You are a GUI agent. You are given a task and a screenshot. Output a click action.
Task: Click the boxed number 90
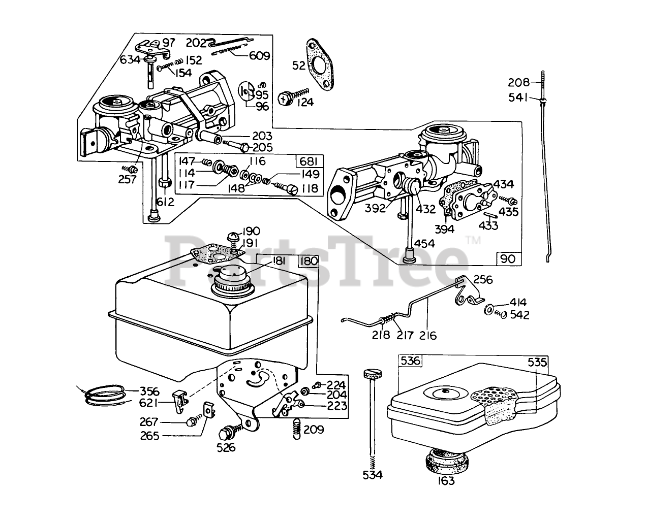coord(508,259)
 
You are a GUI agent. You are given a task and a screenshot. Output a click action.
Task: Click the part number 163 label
coord(444,481)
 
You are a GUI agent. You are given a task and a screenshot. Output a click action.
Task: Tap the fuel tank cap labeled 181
coord(232,281)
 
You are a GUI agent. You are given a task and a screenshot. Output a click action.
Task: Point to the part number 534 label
coord(373,475)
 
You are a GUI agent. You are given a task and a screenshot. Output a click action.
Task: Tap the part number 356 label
coord(149,391)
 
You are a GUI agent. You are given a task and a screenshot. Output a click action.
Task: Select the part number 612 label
coord(165,202)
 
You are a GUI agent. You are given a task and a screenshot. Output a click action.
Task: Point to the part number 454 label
coord(427,243)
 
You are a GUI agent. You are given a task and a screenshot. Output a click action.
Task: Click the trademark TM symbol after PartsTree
coord(473,241)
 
